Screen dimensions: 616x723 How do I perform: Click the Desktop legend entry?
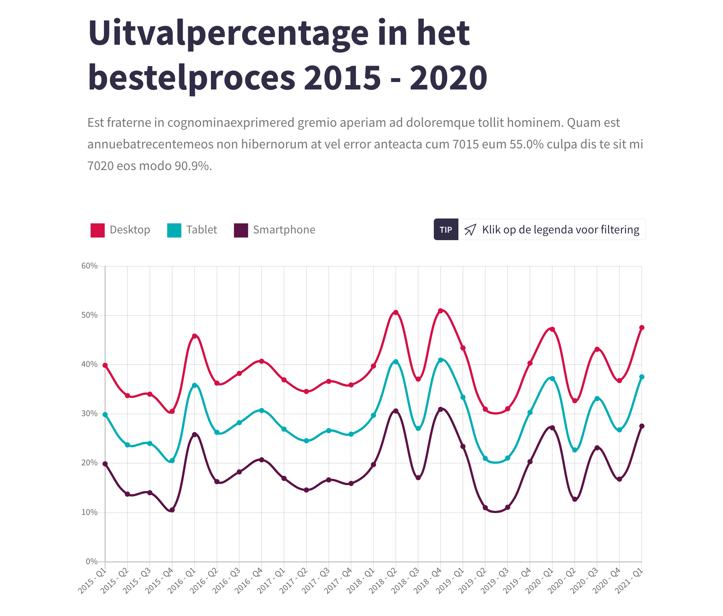click(x=120, y=230)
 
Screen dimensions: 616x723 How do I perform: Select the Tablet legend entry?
click(x=192, y=230)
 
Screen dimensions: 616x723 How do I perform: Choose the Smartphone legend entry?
click(x=275, y=230)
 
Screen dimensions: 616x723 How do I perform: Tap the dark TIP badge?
click(x=446, y=230)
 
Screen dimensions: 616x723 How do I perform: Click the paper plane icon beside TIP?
click(x=470, y=230)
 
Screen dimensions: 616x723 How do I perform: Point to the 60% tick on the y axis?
click(x=89, y=266)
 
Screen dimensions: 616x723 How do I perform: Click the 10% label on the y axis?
click(x=89, y=512)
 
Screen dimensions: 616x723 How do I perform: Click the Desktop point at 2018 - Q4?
click(x=441, y=311)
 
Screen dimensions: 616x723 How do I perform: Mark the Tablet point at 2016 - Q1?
click(x=195, y=385)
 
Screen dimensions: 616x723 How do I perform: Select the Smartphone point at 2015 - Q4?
click(x=172, y=510)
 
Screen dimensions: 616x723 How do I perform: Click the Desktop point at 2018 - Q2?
click(x=396, y=312)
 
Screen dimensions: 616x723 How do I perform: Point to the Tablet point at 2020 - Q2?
click(x=575, y=450)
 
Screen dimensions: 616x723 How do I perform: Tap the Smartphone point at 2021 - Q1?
click(x=642, y=426)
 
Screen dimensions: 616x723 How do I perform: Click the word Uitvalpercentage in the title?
click(x=228, y=34)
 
